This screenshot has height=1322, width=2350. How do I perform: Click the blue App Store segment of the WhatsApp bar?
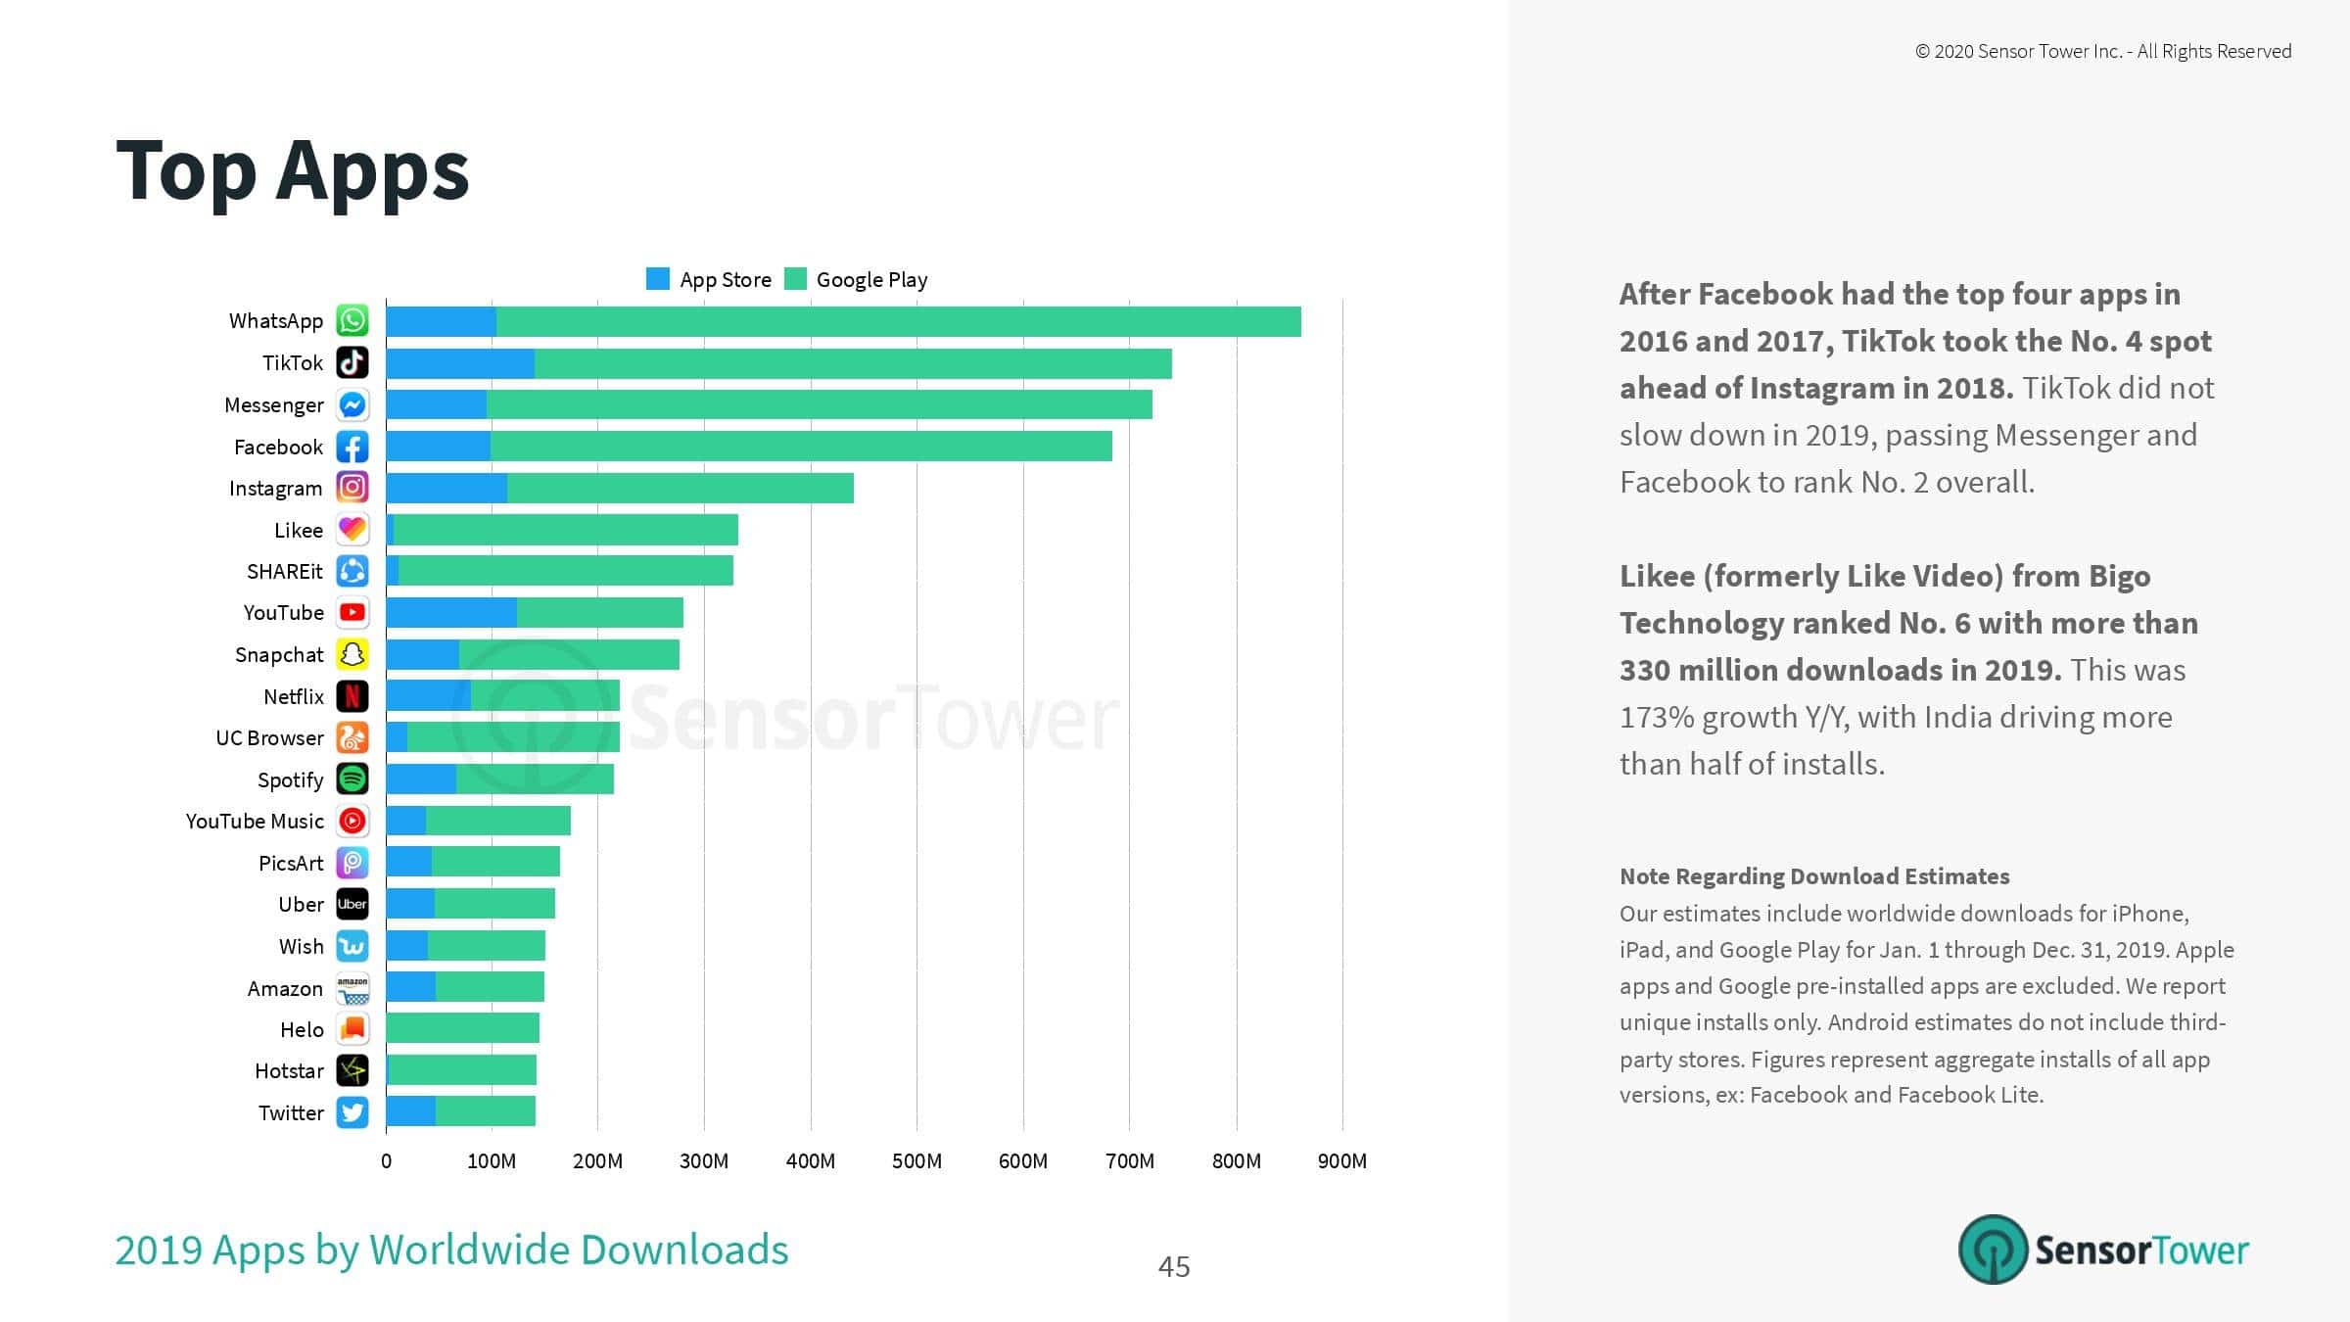tap(442, 321)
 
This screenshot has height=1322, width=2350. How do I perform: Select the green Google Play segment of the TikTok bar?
tap(853, 363)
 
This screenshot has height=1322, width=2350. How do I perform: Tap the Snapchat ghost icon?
tap(352, 654)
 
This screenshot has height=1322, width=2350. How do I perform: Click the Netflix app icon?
tap(352, 696)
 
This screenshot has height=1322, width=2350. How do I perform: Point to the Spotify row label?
tap(290, 779)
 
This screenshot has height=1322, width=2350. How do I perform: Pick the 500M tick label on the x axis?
tap(916, 1161)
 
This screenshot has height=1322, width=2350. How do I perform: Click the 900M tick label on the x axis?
tap(1342, 1161)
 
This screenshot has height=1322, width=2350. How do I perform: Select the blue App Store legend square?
tap(658, 279)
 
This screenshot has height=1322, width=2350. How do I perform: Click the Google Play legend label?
tap(871, 280)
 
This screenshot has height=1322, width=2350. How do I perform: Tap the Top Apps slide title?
tap(293, 172)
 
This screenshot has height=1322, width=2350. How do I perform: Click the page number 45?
tap(1174, 1267)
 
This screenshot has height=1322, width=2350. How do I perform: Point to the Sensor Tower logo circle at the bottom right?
tap(1993, 1250)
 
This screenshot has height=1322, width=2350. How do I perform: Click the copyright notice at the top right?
tap(2103, 52)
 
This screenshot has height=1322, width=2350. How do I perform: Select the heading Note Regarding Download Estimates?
tap(1814, 876)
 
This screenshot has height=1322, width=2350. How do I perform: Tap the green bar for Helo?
tap(463, 1028)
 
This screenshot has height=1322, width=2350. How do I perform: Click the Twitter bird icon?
tap(352, 1112)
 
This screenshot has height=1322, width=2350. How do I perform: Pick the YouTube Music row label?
tap(255, 822)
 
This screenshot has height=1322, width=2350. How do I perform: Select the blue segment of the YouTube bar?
tap(451, 613)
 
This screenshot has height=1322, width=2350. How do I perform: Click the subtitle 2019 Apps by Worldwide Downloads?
tap(451, 1251)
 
